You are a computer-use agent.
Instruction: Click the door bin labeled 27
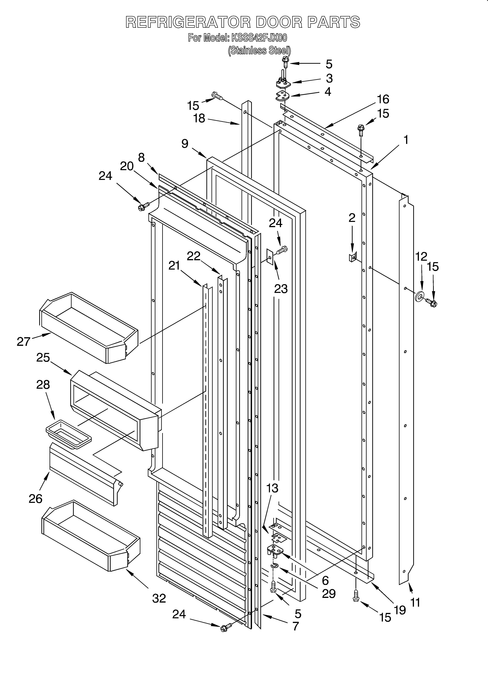[89, 327]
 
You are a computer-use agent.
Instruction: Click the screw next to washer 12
[431, 303]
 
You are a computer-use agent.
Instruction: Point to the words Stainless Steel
[259, 51]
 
